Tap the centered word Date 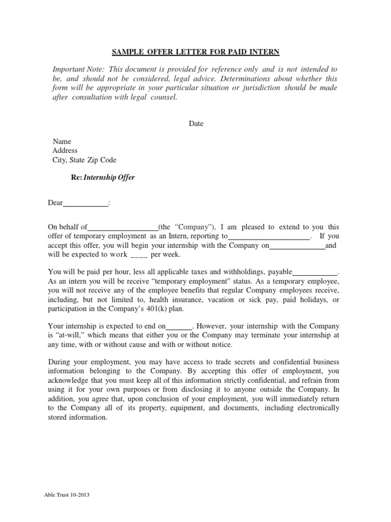[x=196, y=124]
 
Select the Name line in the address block [x=62, y=141]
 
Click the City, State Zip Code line [x=84, y=160]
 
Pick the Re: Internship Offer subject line [x=102, y=178]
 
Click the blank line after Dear [x=86, y=203]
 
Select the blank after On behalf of [x=123, y=227]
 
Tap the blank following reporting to [x=268, y=237]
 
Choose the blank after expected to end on [x=179, y=326]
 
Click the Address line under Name [x=65, y=150]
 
